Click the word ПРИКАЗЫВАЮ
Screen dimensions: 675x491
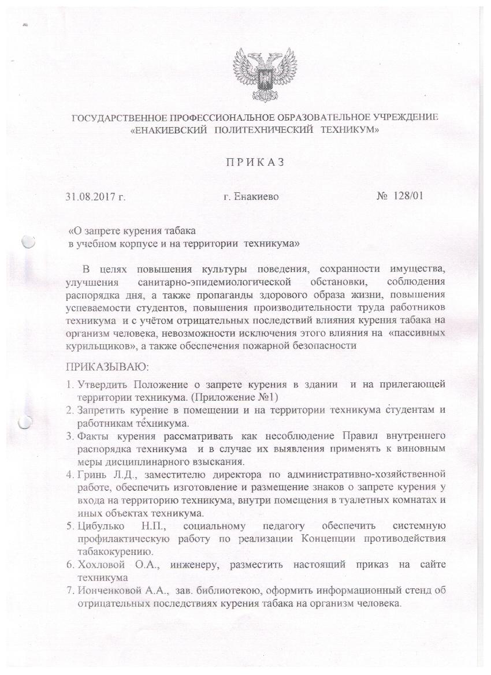pyautogui.click(x=99, y=366)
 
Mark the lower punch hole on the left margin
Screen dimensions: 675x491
pyautogui.click(x=25, y=422)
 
